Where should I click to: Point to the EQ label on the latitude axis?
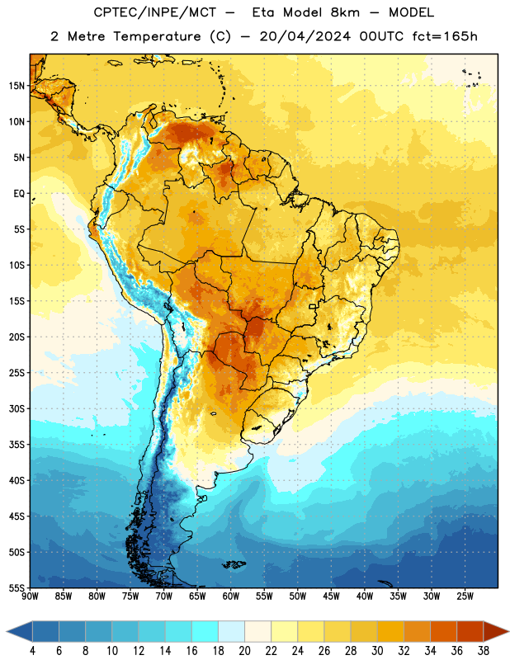coord(19,194)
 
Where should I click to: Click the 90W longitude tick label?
coord(30,596)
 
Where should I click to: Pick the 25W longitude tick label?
coord(465,596)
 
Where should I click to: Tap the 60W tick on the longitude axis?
coord(231,596)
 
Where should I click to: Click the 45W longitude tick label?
coord(331,596)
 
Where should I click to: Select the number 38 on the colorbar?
coord(483,651)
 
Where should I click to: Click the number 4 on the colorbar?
coord(32,651)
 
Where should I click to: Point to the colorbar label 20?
coord(244,651)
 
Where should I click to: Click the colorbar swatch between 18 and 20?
coord(232,631)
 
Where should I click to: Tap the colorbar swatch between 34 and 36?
coord(443,631)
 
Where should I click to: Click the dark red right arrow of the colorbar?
coord(495,631)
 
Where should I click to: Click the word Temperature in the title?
coord(157,36)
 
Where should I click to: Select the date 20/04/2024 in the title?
coord(305,36)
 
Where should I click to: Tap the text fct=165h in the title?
coord(445,36)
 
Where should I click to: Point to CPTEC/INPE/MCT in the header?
coord(155,12)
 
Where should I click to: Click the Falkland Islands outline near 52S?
coord(234,564)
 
